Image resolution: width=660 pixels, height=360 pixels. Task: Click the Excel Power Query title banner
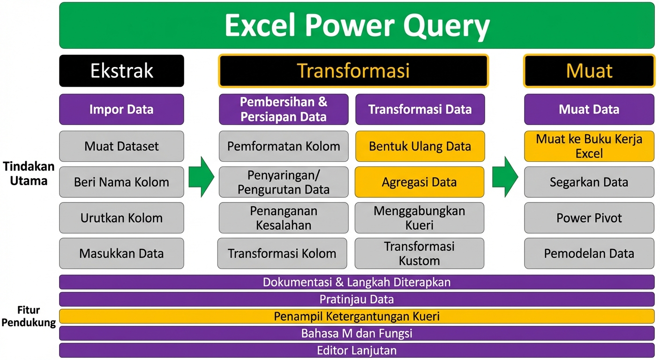357,25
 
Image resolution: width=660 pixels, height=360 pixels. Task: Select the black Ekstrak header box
122,71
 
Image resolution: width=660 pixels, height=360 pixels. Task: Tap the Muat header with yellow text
589,71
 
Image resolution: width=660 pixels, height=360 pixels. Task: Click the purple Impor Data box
122,109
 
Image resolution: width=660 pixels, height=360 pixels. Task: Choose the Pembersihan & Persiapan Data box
284,109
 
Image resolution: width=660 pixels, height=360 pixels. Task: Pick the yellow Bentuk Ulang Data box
420,146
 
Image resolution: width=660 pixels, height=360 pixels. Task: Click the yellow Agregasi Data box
420,182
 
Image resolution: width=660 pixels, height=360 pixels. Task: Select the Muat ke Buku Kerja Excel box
589,146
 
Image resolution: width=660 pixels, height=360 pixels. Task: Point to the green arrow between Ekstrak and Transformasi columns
201,177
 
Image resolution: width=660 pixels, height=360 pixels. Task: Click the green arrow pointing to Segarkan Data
505,177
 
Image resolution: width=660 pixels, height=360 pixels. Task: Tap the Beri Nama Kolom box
122,182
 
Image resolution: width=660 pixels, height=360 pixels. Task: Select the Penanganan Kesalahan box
284,218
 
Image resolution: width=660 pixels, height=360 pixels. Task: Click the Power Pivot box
589,218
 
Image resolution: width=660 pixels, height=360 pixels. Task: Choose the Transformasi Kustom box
420,253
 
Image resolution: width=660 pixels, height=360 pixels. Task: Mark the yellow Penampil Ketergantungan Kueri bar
357,316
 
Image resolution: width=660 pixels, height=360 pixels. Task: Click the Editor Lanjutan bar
357,351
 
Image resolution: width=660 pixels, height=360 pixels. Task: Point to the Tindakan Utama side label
29,174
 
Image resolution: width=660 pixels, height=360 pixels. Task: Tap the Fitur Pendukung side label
29,316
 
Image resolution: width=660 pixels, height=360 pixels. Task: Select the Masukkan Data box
122,253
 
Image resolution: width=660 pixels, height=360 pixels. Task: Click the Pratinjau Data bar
357,300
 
